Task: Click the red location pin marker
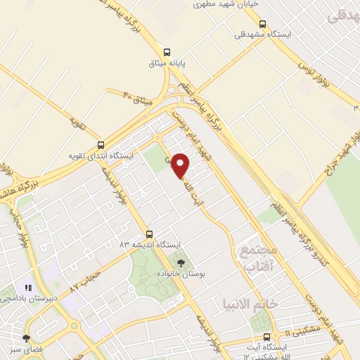pos(181,165)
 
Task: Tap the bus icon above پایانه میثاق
pos(167,51)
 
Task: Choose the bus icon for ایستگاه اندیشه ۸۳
pos(148,234)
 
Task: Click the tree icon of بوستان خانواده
pos(181,262)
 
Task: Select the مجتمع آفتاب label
pos(259,258)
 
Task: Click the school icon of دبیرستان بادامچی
pos(28,288)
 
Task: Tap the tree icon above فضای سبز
pos(26,339)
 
